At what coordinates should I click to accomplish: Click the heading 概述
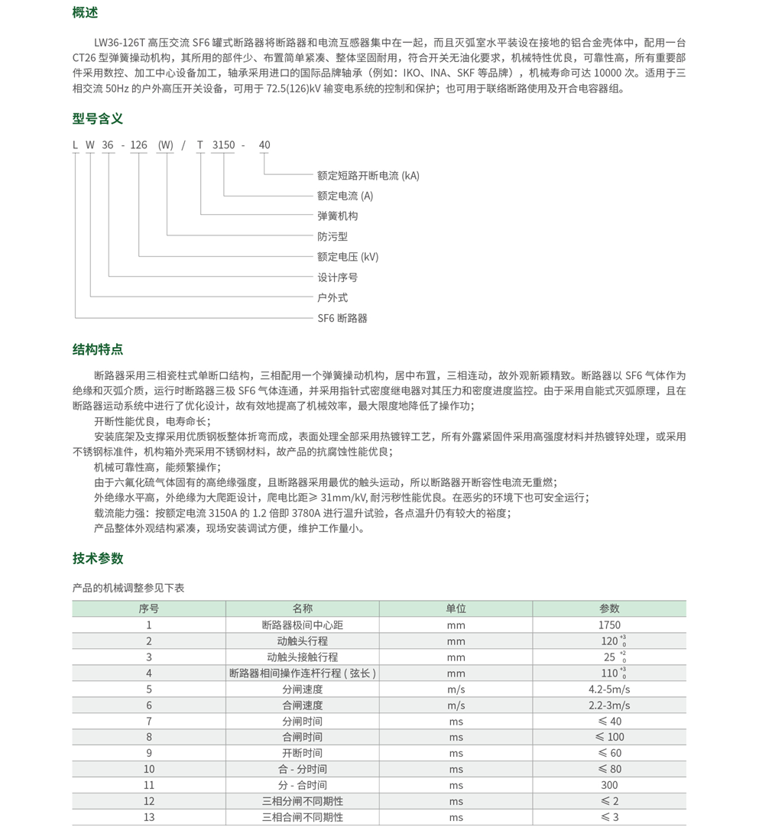[85, 13]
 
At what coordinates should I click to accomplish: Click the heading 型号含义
[98, 118]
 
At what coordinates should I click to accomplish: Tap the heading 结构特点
[98, 349]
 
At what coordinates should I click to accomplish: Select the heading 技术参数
[98, 558]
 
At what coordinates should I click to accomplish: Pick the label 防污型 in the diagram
[332, 237]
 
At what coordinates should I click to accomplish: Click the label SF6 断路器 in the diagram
[342, 318]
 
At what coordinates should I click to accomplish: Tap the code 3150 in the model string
[223, 144]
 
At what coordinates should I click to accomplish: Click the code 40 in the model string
[264, 144]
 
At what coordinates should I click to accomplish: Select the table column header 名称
[302, 608]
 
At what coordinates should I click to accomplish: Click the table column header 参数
[609, 608]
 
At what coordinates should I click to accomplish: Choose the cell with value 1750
[609, 625]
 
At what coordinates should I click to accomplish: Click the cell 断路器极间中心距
[302, 625]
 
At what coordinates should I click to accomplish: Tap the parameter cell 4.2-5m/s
[609, 689]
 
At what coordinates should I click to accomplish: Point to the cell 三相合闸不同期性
[302, 817]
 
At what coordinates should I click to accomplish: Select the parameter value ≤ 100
[609, 737]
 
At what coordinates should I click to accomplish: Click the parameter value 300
[609, 785]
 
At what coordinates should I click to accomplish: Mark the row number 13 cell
[149, 817]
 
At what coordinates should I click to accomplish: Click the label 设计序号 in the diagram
[337, 277]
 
